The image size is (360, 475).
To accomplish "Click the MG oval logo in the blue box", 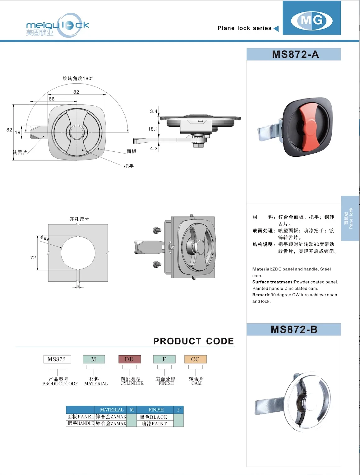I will point(312,21).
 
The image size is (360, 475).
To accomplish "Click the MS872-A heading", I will point(295,54).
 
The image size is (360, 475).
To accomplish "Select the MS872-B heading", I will point(294,330).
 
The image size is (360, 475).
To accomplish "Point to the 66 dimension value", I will point(52,99).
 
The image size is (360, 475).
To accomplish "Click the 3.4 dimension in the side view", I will point(154,111).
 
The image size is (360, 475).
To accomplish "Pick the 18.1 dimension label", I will point(153,129).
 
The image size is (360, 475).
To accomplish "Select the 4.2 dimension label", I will point(154,149).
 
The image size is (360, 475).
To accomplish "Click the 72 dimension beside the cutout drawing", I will point(33,258).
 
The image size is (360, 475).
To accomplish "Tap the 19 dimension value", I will point(18,132).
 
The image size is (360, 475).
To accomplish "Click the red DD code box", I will point(129,359).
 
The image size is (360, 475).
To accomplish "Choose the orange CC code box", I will point(195,359).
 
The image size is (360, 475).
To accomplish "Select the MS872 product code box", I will point(57,359).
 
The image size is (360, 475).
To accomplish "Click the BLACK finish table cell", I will point(155,417).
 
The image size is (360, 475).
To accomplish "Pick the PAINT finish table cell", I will point(155,423).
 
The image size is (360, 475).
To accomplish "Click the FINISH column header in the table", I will point(156,410).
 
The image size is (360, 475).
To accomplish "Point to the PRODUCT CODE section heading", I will point(193,341).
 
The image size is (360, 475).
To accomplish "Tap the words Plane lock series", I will point(244,28).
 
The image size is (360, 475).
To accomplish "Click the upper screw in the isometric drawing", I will point(157,230).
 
